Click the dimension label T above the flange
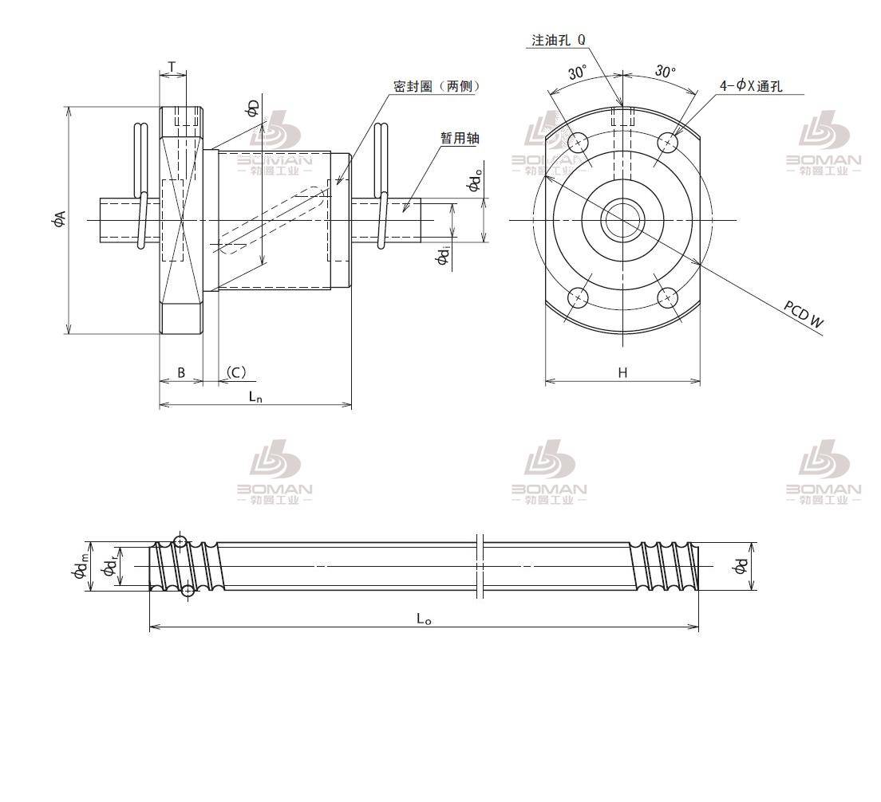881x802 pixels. click(172, 65)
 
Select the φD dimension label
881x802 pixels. click(252, 108)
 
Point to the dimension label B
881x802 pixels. click(181, 372)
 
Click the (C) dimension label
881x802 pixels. click(235, 372)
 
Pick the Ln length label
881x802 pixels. click(255, 395)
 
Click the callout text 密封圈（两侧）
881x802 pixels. click(437, 86)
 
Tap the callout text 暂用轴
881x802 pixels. click(460, 138)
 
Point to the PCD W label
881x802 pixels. click(804, 315)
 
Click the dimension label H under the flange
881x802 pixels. click(622, 372)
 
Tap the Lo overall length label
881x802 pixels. click(424, 619)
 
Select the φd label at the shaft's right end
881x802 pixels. click(741, 566)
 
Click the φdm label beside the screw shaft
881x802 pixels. click(79, 568)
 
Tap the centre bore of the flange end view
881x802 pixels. click(622, 219)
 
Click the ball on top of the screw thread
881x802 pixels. click(180, 542)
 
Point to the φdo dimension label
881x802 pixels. click(474, 183)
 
